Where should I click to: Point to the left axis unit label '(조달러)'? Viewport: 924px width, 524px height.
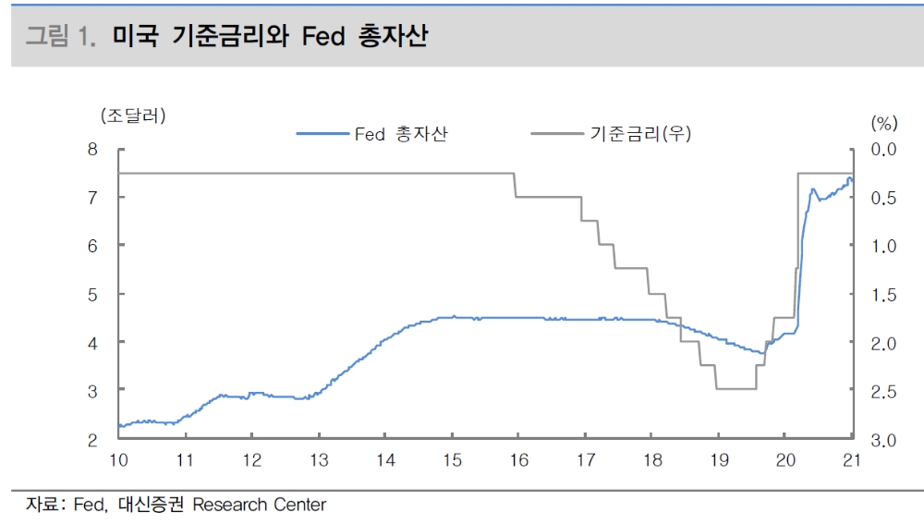coord(133,116)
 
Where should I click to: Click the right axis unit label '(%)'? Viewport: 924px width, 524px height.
coord(883,122)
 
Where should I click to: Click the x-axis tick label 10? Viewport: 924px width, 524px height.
coord(118,460)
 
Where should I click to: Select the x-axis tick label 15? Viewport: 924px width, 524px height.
coord(452,460)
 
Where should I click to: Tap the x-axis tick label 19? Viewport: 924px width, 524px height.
coord(718,460)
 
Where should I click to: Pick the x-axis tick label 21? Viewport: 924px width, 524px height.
coord(851,460)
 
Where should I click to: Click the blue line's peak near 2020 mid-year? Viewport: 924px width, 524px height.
coord(813,189)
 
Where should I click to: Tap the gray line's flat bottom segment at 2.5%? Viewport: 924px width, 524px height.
coord(736,388)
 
